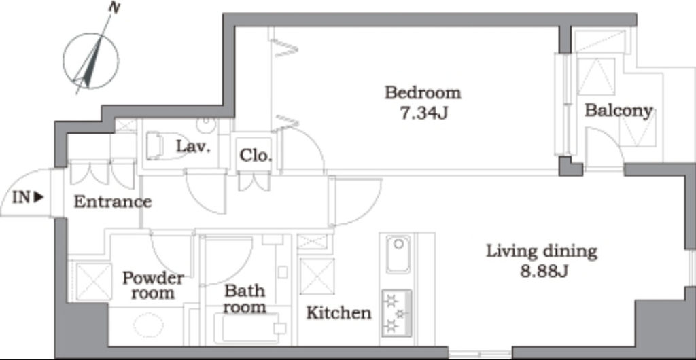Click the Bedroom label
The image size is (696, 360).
coord(423,94)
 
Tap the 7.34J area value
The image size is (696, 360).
coord(423,113)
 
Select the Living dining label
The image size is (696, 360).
coord(542,252)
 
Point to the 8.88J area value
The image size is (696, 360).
coord(544,271)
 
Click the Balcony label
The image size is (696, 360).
coord(619,111)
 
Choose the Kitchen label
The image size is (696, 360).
coord(338,313)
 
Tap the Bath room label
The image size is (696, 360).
coord(245,299)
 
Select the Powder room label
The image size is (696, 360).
coord(153,285)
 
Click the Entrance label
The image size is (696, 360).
coord(113,202)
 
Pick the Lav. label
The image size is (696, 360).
coord(193,146)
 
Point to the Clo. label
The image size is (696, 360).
coord(256,156)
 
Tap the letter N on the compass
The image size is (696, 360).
coord(114,8)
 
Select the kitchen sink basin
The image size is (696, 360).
coord(398,254)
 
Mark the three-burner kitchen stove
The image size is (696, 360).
coord(397,313)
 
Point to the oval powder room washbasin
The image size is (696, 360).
coord(147,325)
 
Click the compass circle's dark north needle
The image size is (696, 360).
coord(93,65)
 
